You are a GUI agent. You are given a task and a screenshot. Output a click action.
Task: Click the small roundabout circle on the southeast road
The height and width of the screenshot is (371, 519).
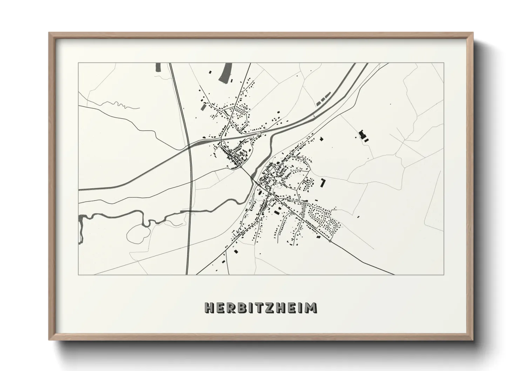pos(330,241)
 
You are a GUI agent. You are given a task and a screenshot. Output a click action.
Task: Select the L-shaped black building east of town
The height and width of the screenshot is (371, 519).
pos(323,182)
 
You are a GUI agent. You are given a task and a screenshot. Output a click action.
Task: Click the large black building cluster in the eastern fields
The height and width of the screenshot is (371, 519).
pos(363,135)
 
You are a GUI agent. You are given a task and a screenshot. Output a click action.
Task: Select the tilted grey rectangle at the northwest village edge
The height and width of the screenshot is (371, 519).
pos(203,107)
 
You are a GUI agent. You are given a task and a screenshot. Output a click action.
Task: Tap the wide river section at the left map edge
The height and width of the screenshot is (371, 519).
pos(81,228)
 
